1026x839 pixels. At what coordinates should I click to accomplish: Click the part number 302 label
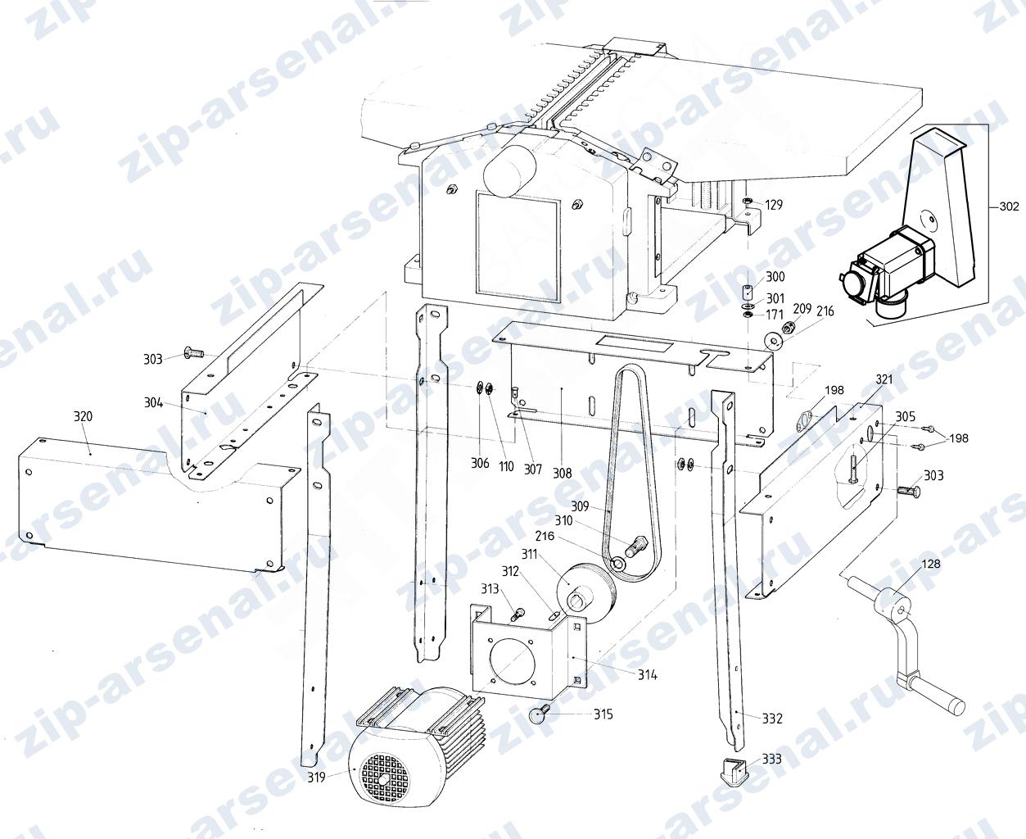1009,206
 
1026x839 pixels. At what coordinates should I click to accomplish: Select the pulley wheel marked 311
585,593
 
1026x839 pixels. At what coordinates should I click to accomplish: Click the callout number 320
83,416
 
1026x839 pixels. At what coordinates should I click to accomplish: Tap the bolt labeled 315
539,714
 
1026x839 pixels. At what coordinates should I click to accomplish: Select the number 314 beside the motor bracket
648,674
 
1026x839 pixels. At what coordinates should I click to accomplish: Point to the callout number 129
774,205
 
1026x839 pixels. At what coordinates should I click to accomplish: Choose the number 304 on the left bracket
153,402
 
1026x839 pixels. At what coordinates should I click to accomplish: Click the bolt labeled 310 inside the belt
635,546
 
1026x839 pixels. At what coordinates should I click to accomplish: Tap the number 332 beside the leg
772,719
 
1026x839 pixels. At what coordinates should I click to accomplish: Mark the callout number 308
563,473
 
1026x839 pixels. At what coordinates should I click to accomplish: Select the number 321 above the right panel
884,379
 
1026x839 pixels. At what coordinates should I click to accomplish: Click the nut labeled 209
787,327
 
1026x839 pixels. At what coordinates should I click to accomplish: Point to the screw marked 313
517,615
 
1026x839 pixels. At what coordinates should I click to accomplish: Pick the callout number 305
905,416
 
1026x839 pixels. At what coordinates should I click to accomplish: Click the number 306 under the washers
480,463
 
